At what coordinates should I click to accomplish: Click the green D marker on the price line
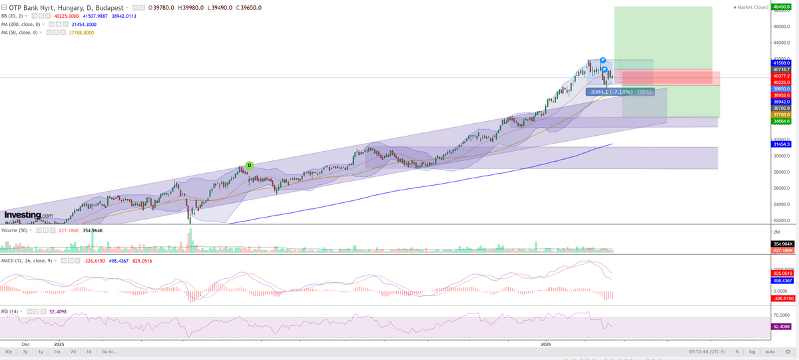(249, 165)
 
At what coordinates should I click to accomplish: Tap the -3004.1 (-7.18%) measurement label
(617, 91)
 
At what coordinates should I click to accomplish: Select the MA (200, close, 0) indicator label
(24, 24)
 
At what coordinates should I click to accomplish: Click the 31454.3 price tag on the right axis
(781, 144)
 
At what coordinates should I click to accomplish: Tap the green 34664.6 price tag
(781, 121)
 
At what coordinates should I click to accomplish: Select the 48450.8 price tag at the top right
(781, 5)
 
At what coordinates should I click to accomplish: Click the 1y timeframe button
(41, 351)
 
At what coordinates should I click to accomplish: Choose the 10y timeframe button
(9, 351)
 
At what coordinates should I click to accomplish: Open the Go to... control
(110, 351)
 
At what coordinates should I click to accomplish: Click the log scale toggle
(752, 351)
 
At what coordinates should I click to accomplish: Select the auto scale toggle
(770, 351)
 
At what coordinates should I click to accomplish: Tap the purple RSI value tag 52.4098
(781, 326)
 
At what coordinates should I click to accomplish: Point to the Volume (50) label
(15, 230)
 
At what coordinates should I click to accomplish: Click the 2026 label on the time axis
(545, 344)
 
